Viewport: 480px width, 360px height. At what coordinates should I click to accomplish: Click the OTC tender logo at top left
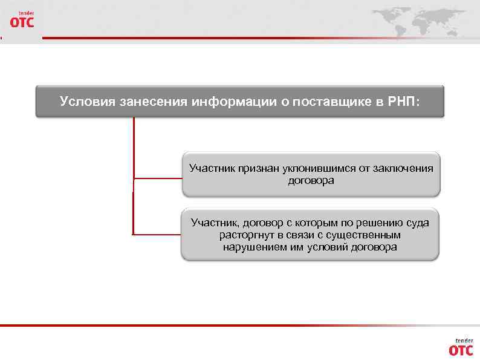[22, 20]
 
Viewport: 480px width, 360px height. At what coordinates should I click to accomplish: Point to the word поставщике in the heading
[336, 101]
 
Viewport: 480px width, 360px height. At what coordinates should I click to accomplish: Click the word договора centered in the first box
[311, 180]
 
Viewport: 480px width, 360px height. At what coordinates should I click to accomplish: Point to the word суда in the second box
[417, 223]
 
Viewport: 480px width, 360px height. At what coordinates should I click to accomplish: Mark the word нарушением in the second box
[253, 247]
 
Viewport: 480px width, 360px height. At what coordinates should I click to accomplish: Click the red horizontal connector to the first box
[157, 178]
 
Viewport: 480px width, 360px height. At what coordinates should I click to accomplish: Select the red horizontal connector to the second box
[157, 234]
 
